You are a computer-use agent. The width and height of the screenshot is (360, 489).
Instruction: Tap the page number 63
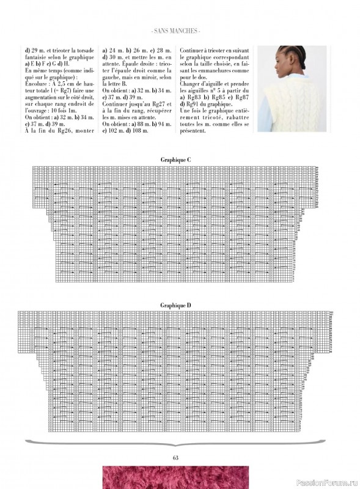[x=176, y=457]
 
